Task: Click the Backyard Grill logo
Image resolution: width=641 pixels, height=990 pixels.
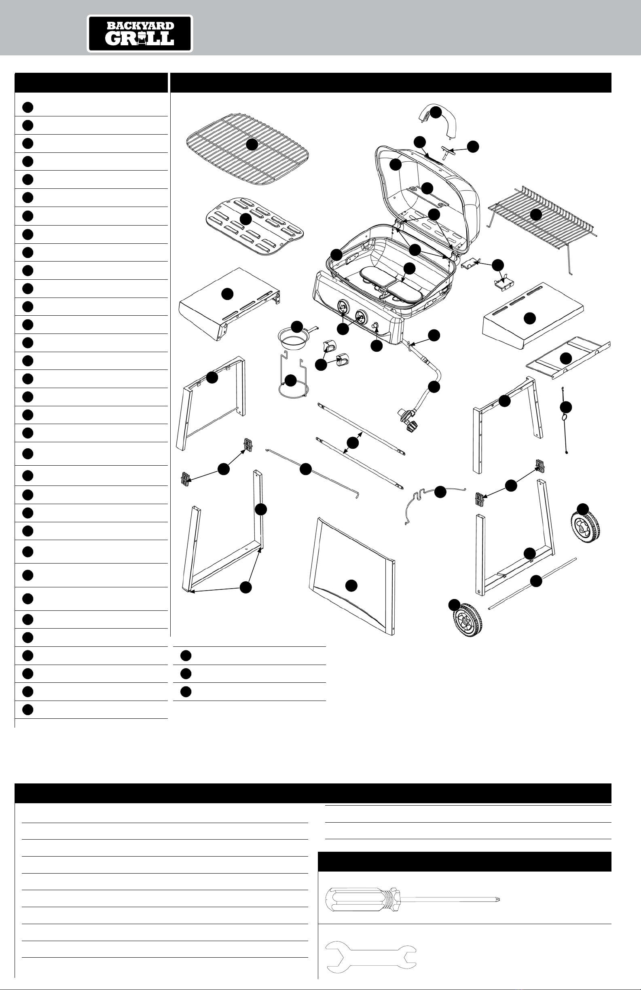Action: click(140, 34)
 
